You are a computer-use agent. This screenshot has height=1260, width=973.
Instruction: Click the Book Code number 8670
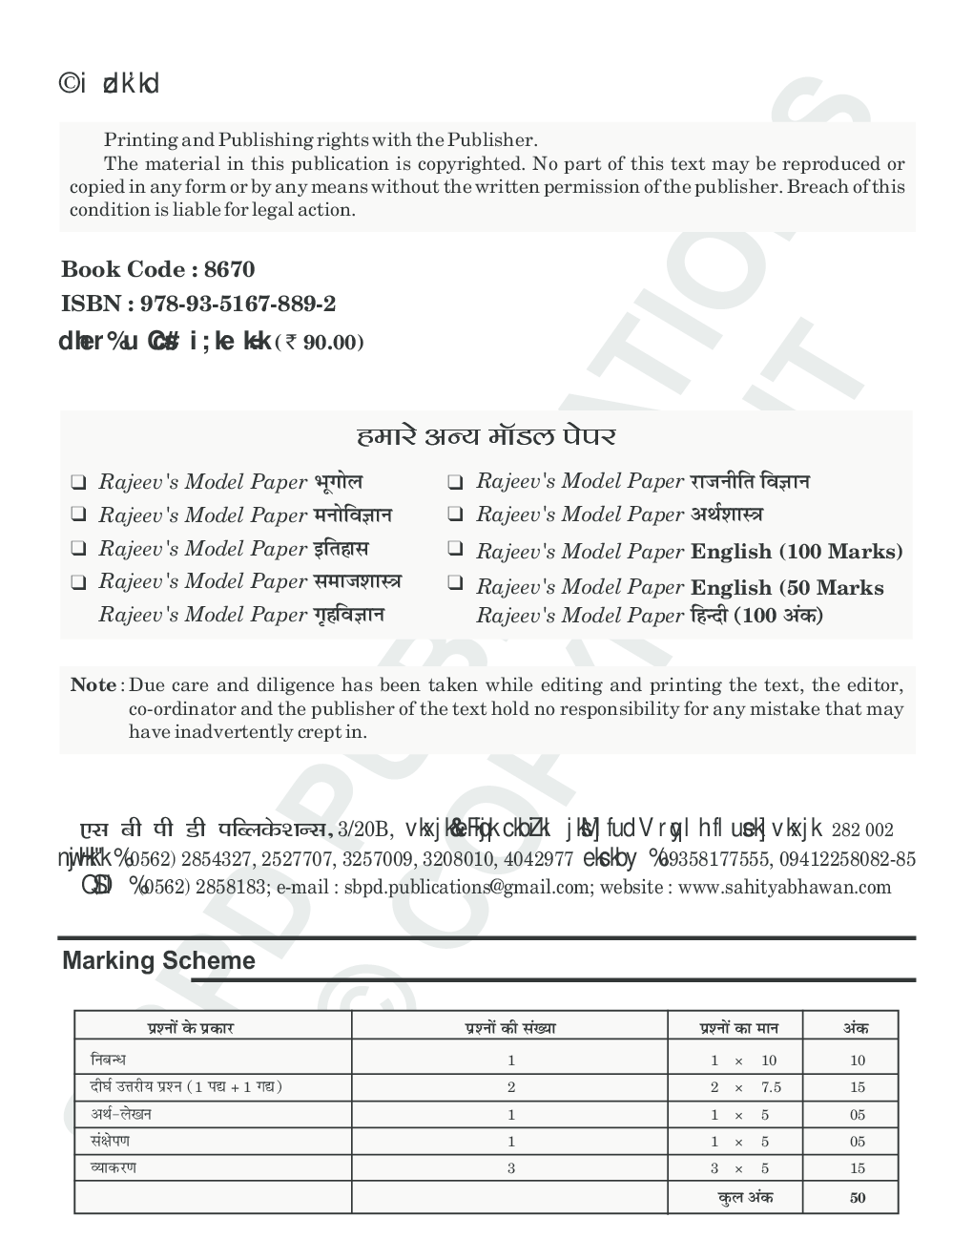(230, 270)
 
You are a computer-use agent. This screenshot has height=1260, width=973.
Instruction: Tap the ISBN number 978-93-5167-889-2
(238, 304)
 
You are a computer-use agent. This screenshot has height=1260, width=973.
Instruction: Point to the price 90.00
(333, 343)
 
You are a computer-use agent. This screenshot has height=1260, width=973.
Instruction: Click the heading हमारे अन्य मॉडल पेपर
(486, 437)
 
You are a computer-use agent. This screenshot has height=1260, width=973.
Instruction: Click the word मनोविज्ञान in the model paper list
(352, 515)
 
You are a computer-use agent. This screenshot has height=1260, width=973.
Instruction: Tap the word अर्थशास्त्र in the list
(726, 514)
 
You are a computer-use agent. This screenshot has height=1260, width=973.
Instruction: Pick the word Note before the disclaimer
(93, 685)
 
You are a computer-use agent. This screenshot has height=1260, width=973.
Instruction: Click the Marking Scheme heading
(158, 961)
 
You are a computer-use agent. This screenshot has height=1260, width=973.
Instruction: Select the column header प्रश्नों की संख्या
(510, 1028)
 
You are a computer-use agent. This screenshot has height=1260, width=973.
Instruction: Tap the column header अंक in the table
(856, 1028)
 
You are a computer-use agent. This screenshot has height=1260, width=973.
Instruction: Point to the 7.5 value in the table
(771, 1087)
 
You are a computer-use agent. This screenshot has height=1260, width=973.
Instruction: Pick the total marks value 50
(857, 1198)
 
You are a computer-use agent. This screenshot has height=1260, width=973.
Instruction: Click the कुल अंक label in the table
(745, 1197)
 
